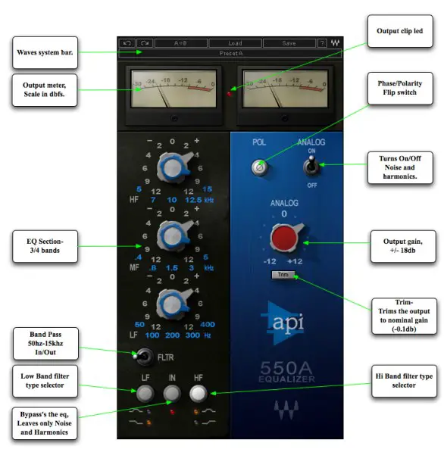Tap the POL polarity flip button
coord(259,167)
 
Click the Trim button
coord(282,276)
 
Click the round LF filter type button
coord(144,392)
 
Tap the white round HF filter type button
coord(199,392)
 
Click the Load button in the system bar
coord(235,43)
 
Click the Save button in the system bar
coord(289,43)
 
